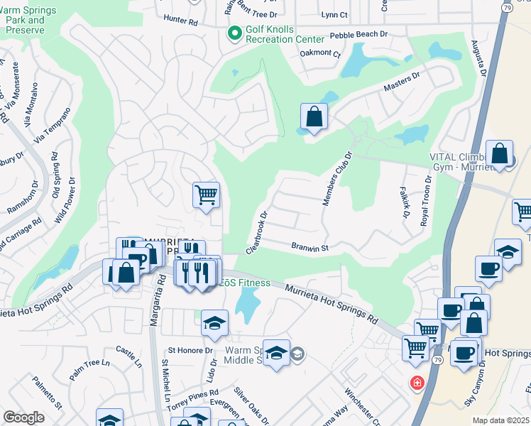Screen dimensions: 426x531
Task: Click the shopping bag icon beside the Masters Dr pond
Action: pyautogui.click(x=314, y=117)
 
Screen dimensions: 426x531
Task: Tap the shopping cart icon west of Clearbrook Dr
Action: pyautogui.click(x=206, y=194)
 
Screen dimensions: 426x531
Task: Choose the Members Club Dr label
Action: pyautogui.click(x=338, y=178)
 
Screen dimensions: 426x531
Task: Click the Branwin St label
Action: pyautogui.click(x=309, y=248)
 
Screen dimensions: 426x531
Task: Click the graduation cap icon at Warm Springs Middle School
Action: pyautogui.click(x=276, y=353)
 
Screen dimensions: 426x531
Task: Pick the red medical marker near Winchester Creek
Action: pyautogui.click(x=417, y=383)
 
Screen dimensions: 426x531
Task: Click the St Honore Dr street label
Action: pyautogui.click(x=190, y=350)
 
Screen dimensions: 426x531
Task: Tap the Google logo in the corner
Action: pyautogui.click(x=23, y=417)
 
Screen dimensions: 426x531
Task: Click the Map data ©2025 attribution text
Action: pyautogui.click(x=500, y=420)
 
